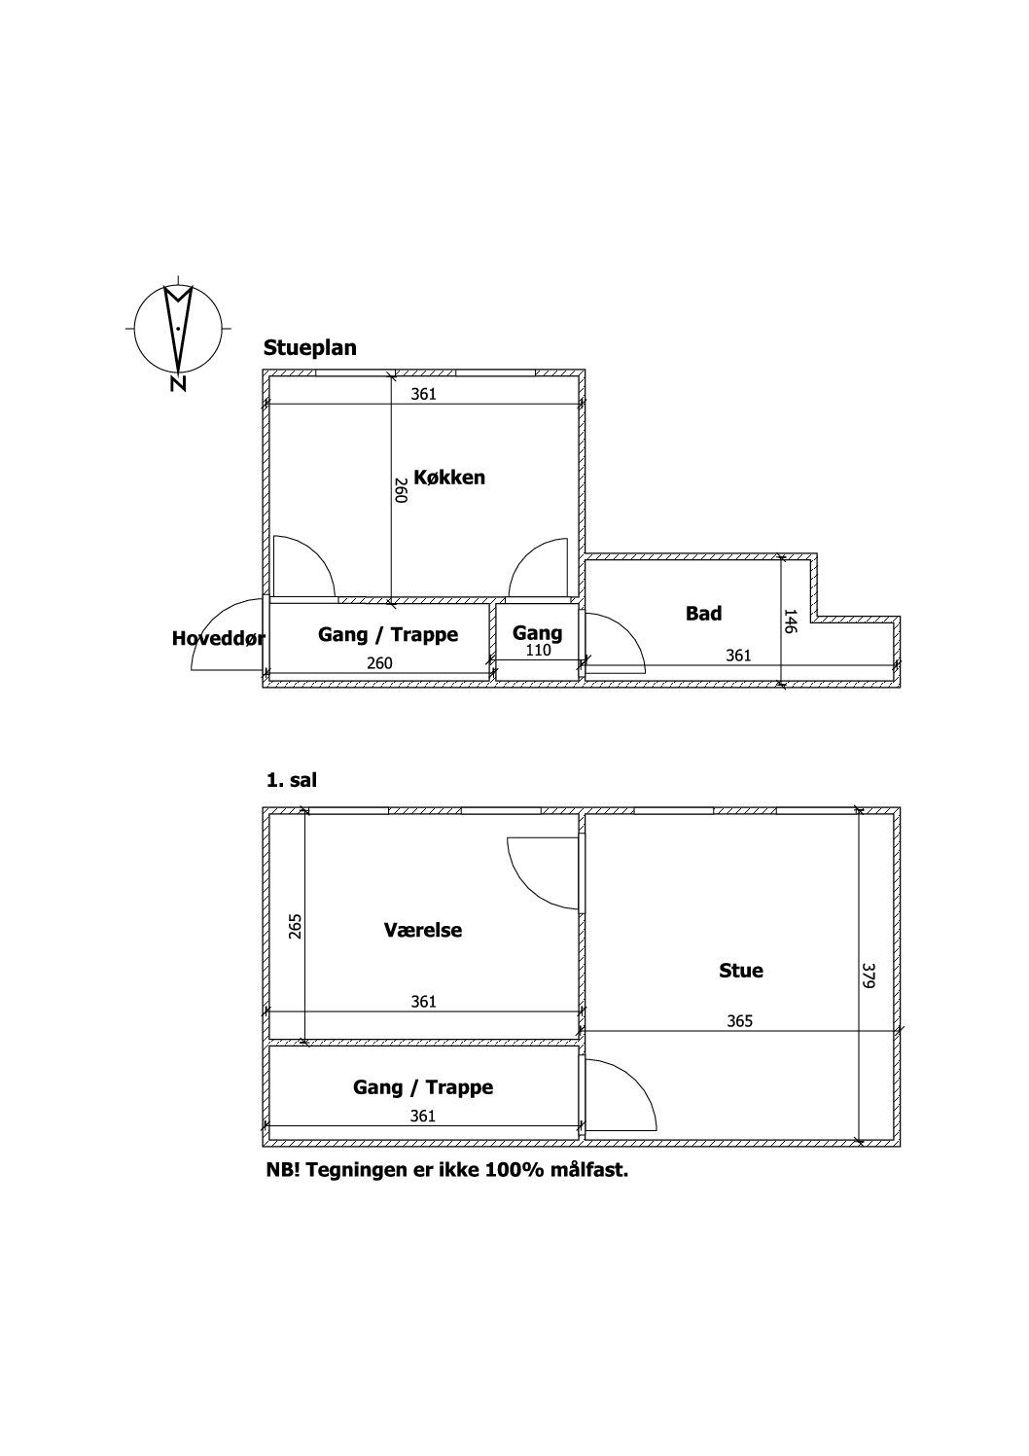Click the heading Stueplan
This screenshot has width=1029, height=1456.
pyautogui.click(x=309, y=348)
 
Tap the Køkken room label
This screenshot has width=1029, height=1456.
pyautogui.click(x=449, y=478)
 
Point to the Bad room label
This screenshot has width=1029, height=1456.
pyautogui.click(x=703, y=613)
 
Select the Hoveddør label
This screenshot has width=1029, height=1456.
pyautogui.click(x=218, y=638)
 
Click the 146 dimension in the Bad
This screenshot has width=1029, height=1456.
pyautogui.click(x=790, y=621)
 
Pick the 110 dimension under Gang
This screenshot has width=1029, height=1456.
pyautogui.click(x=538, y=650)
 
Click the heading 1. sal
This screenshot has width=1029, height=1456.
pyautogui.click(x=291, y=780)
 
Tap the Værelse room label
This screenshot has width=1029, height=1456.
pyautogui.click(x=422, y=930)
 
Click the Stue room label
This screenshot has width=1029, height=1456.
pyautogui.click(x=740, y=971)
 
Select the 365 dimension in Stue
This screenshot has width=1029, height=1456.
pyautogui.click(x=739, y=1021)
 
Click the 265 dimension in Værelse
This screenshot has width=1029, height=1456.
pyautogui.click(x=295, y=926)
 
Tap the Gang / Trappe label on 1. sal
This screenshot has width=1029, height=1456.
pyautogui.click(x=422, y=1086)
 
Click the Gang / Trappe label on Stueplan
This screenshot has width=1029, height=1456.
pyautogui.click(x=387, y=634)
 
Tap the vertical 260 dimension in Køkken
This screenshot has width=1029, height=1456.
pyautogui.click(x=400, y=490)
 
